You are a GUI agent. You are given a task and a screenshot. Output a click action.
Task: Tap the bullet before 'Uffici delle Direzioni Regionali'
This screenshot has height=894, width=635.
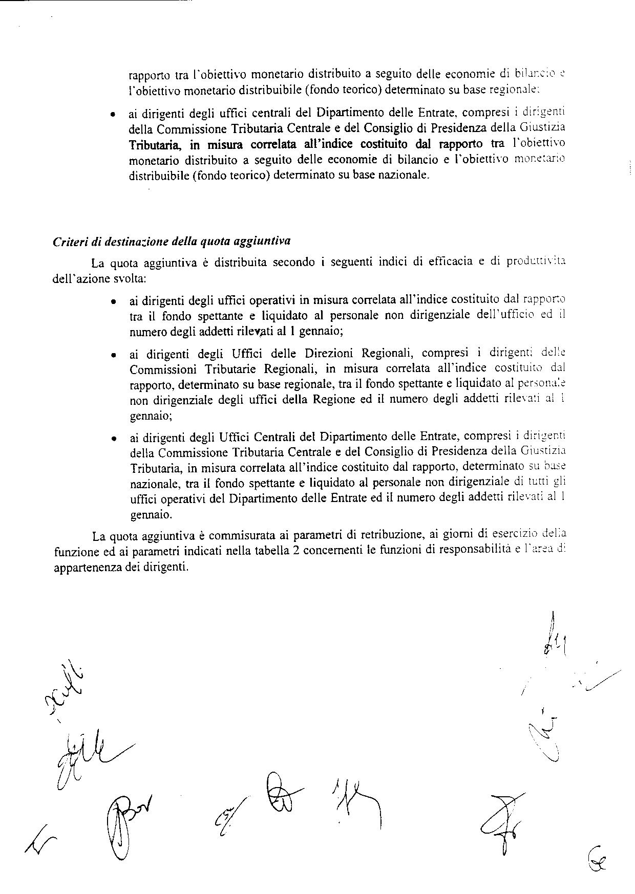click(x=112, y=355)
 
